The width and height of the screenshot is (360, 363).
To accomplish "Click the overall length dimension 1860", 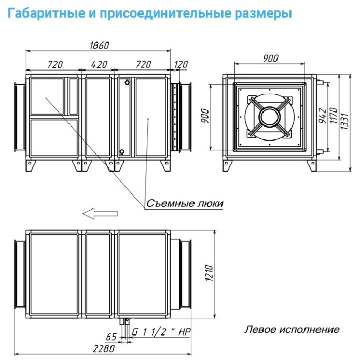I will click(x=98, y=45).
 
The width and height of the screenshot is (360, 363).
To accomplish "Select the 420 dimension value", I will click(x=98, y=65).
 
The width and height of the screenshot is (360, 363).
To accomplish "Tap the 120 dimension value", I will click(x=181, y=65).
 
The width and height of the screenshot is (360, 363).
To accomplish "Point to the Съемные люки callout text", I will click(x=184, y=203).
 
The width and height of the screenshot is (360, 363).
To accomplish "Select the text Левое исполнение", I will click(x=293, y=329).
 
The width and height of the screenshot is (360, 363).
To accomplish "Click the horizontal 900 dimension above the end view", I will click(x=270, y=58).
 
